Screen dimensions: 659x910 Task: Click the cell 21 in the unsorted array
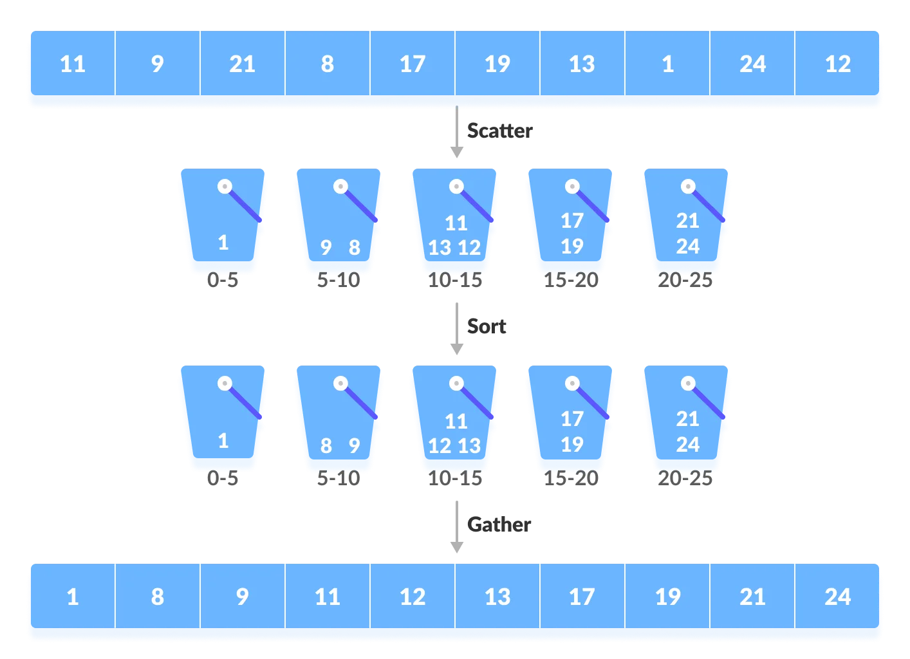242,64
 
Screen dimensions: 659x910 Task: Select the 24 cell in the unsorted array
752,64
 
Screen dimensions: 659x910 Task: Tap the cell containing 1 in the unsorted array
667,64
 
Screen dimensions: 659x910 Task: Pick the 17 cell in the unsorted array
413,64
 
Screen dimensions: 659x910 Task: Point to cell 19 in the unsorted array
497,64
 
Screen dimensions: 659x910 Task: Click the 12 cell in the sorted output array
413,597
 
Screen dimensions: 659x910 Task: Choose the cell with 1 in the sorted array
73,597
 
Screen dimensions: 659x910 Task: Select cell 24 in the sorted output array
837,597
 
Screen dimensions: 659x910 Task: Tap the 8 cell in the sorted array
158,597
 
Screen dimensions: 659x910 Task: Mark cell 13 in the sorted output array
497,597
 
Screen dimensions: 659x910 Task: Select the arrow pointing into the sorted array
456,528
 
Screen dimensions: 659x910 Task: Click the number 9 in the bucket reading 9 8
326,247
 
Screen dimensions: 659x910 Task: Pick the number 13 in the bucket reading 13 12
440,248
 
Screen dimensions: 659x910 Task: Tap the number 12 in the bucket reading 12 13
440,446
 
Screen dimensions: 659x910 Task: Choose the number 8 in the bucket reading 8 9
326,445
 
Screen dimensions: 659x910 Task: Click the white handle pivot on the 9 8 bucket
340,187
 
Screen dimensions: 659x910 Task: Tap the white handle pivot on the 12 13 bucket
456,384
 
